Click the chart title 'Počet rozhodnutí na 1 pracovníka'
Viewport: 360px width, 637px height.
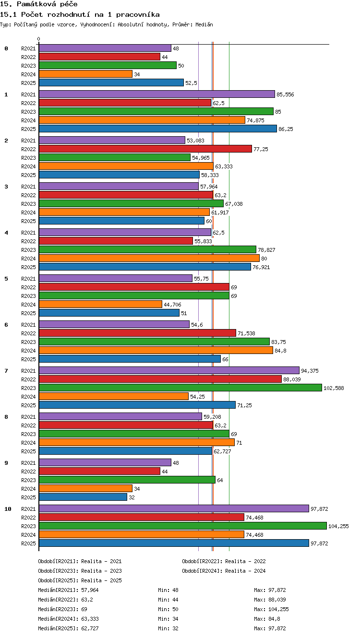pos(90,14)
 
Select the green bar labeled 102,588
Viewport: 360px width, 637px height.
pos(180,388)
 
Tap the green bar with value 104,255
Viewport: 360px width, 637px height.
pos(183,526)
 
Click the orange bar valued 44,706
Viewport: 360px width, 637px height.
pos(100,304)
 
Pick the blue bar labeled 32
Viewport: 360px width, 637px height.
pos(83,497)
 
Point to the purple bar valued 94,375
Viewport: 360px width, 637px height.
pos(169,370)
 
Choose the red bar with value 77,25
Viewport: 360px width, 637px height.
pos(145,149)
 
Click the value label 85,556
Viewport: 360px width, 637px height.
pos(285,94)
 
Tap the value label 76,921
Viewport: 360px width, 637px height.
pos(261,267)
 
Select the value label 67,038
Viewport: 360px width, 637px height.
pos(234,204)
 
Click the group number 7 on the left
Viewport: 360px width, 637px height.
pos(6,370)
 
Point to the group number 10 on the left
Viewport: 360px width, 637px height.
pos(8,509)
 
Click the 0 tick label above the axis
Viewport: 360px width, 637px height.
pos(39,39)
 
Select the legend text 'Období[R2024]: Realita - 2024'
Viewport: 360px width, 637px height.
pos(224,571)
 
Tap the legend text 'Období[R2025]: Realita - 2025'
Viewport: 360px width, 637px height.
pos(80,580)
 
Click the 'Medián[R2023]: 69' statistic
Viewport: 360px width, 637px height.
pos(62,609)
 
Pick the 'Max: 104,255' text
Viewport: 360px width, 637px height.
pos(271,609)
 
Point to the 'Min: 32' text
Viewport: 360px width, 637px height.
pos(168,628)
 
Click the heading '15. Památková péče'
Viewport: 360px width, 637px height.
pos(39,4)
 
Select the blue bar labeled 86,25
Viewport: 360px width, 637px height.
pos(158,129)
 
